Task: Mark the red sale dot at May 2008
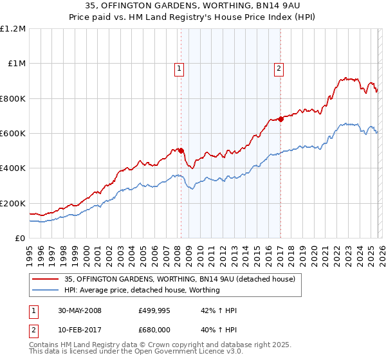(181, 150)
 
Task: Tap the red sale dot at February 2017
(281, 119)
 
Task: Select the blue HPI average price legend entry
(142, 290)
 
